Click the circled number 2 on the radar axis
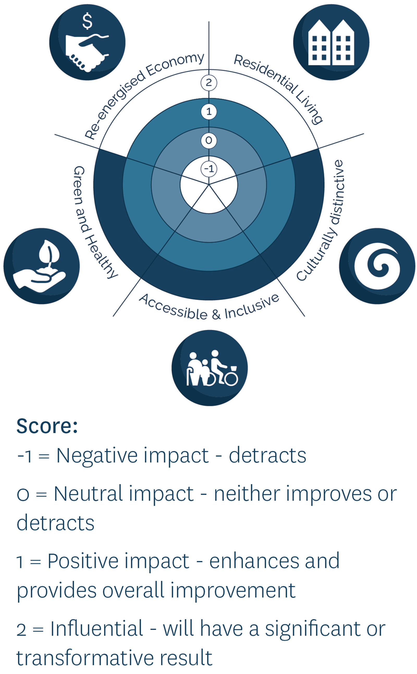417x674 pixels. [x=209, y=83]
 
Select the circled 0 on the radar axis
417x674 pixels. [x=209, y=141]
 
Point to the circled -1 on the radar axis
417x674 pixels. [x=209, y=169]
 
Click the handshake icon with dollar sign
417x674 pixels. [x=87, y=42]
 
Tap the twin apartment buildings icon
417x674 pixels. [x=331, y=42]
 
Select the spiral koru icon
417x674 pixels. [x=377, y=266]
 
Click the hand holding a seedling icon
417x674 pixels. [x=41, y=266]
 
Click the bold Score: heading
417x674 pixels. [x=47, y=426]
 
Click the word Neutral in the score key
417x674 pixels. [x=88, y=493]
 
